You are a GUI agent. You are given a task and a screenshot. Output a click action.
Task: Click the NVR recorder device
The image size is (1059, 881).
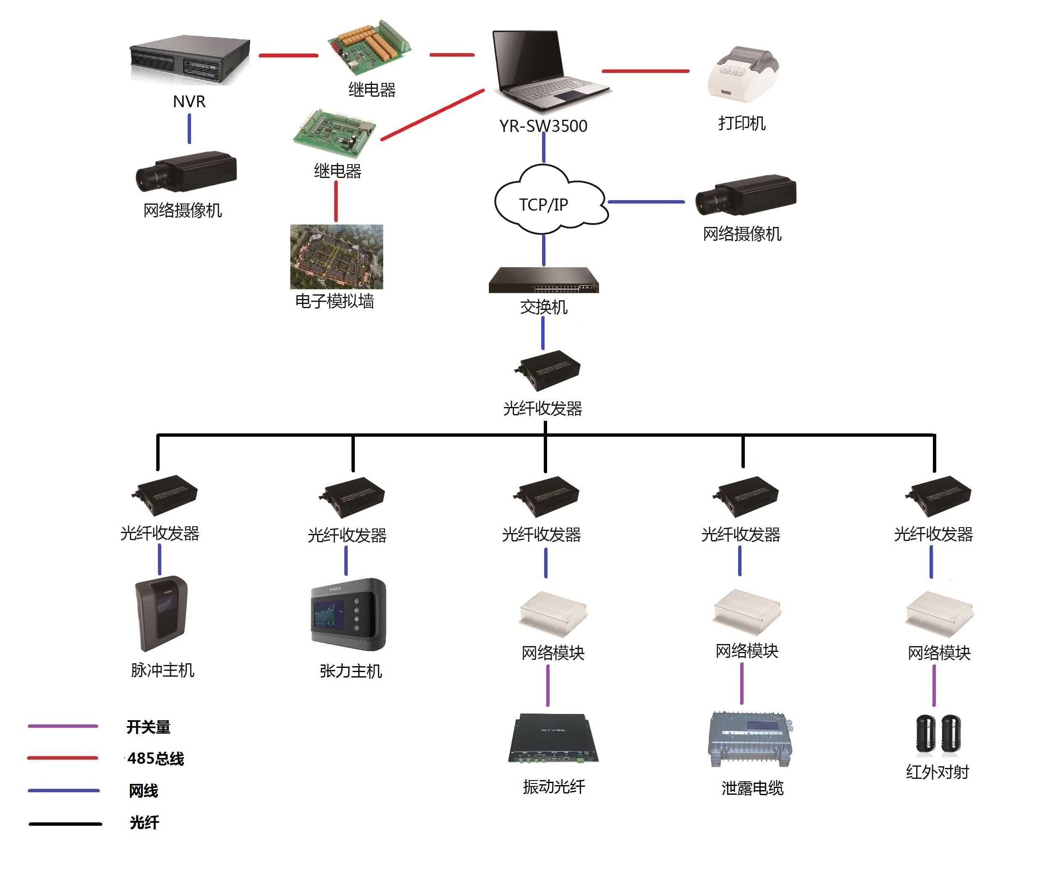pos(190,59)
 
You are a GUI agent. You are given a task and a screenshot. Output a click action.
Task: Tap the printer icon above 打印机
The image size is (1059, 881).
pos(743,74)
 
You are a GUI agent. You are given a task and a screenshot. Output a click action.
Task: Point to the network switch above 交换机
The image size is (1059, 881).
pos(544,280)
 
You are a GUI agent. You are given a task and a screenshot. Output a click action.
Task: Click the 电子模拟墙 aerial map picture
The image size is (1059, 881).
pos(336,257)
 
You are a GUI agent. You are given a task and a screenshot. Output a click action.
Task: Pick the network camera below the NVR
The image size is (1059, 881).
pos(186,171)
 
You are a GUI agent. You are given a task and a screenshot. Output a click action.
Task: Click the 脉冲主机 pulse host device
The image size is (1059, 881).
pos(161,613)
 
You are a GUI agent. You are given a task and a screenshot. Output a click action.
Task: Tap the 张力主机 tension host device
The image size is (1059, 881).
pos(349,614)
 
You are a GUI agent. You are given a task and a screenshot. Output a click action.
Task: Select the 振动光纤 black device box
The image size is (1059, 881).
pos(553,738)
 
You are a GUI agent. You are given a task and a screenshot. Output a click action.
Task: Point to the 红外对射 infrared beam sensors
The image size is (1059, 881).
pos(938,735)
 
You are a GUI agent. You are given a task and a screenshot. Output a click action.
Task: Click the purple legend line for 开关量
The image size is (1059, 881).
pos(62,726)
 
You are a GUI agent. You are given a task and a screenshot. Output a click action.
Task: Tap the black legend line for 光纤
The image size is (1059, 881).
pos(65,824)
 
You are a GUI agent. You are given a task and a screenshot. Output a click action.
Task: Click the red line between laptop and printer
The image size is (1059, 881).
pos(646,71)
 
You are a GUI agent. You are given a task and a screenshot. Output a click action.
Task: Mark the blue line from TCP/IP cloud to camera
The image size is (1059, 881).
pos(646,201)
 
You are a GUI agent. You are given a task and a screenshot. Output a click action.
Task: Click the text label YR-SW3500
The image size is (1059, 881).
pos(543,126)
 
